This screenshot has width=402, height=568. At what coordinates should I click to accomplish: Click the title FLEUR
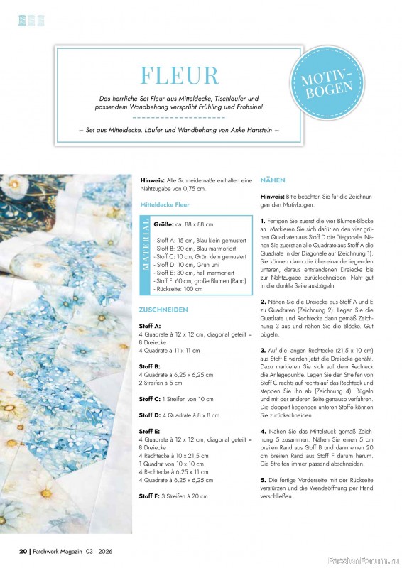point(179,75)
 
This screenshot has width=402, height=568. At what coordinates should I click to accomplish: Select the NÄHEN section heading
point(273,180)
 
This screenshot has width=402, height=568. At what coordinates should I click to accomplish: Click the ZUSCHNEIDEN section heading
point(164,310)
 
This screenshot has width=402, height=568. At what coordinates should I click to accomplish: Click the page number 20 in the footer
point(23,551)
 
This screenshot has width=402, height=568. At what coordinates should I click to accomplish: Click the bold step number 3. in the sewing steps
point(263,351)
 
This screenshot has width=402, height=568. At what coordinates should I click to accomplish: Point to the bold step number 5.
point(263,481)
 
